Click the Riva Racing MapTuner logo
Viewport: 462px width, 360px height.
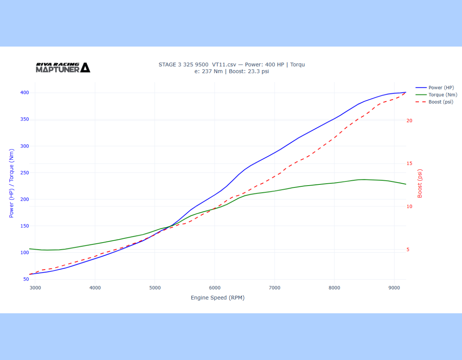[63, 67]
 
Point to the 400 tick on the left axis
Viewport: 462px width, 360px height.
[24, 93]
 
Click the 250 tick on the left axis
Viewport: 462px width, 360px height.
[24, 173]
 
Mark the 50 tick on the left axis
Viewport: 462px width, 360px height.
[26, 279]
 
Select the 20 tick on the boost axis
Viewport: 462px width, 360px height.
[409, 121]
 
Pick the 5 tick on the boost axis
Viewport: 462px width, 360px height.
[408, 249]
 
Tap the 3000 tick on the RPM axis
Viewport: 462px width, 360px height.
[35, 288]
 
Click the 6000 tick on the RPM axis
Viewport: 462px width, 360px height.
[214, 288]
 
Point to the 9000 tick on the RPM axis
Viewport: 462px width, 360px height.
[394, 288]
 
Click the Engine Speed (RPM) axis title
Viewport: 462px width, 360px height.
[218, 298]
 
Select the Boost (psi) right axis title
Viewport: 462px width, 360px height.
[420, 183]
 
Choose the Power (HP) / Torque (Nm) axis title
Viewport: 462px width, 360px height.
[12, 183]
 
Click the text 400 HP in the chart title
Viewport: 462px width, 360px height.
[275, 65]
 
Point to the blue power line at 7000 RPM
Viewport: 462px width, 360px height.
[275, 153]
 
